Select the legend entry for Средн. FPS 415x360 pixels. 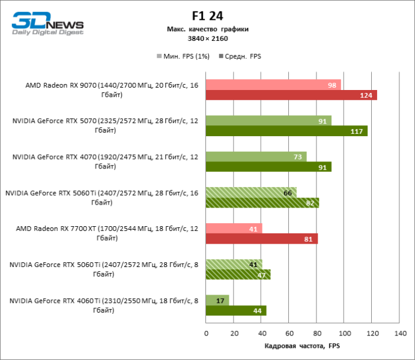point(241,56)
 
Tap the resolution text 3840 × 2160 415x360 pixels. point(207,38)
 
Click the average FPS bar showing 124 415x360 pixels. point(291,95)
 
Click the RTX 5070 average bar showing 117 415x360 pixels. point(286,131)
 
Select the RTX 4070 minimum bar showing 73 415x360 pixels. point(256,157)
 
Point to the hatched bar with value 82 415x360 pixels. point(262,203)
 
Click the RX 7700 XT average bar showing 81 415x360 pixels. point(262,239)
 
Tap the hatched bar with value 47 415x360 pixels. point(238,275)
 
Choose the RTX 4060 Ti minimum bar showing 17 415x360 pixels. point(217,300)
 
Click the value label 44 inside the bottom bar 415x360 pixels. point(258,311)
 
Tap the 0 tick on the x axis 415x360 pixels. point(206,333)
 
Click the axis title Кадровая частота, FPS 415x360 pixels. point(302,347)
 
